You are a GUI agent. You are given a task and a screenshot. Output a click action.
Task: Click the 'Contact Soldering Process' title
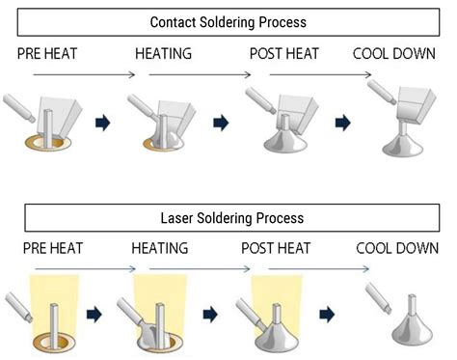pos(228,21)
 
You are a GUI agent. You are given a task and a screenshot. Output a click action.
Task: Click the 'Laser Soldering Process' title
pos(228,218)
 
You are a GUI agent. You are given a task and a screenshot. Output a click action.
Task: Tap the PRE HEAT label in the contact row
pos(44,54)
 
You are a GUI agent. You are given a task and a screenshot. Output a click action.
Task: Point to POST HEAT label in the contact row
pos(285,54)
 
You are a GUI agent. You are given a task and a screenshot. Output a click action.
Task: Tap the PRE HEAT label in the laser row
pos(44,249)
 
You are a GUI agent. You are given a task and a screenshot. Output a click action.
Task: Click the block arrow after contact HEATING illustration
pos(221,123)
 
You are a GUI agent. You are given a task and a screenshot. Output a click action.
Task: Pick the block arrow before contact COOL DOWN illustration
pos(340,123)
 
